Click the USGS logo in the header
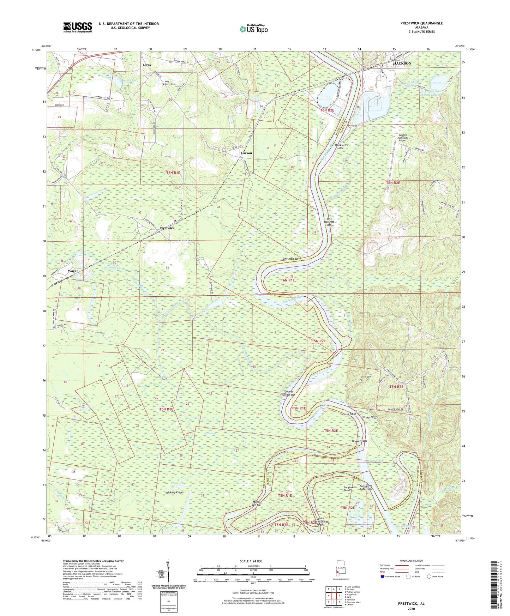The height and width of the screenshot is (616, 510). (x=78, y=27)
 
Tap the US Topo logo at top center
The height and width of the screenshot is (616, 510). (x=253, y=29)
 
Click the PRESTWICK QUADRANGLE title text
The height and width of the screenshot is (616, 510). (x=421, y=23)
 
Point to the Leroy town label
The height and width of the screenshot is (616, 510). (x=147, y=65)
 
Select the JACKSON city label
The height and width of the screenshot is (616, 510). (x=402, y=64)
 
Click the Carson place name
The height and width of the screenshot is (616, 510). (x=246, y=153)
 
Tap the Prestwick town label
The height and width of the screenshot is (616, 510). (x=167, y=228)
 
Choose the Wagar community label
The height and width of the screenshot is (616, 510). (x=73, y=271)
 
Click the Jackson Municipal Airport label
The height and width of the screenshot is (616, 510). (x=402, y=138)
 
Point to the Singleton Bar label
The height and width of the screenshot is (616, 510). (x=290, y=259)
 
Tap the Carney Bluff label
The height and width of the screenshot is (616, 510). (x=369, y=417)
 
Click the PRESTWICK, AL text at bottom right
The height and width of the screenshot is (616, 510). (x=411, y=604)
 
